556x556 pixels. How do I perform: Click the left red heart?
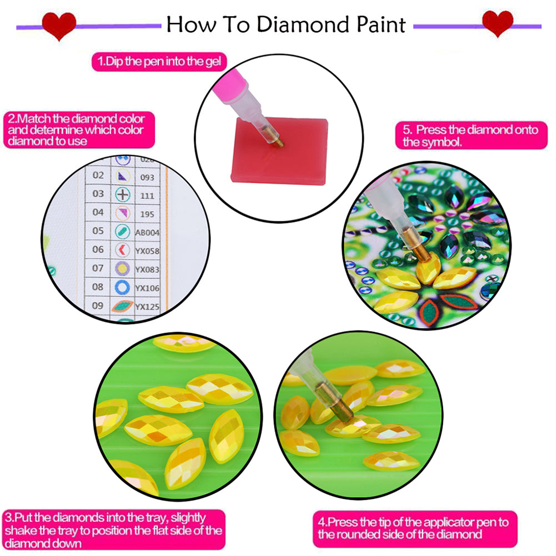click(59, 25)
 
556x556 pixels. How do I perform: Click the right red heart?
click(497, 23)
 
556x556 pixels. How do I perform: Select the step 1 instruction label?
click(159, 62)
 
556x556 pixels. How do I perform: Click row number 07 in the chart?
click(98, 268)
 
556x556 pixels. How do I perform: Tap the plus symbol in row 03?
click(122, 194)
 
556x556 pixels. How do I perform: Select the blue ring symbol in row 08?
click(122, 287)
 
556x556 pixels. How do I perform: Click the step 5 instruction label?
click(470, 136)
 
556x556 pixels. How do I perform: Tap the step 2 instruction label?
click(76, 130)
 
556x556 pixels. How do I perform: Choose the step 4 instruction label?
click(413, 528)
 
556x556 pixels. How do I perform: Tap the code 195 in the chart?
click(146, 213)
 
